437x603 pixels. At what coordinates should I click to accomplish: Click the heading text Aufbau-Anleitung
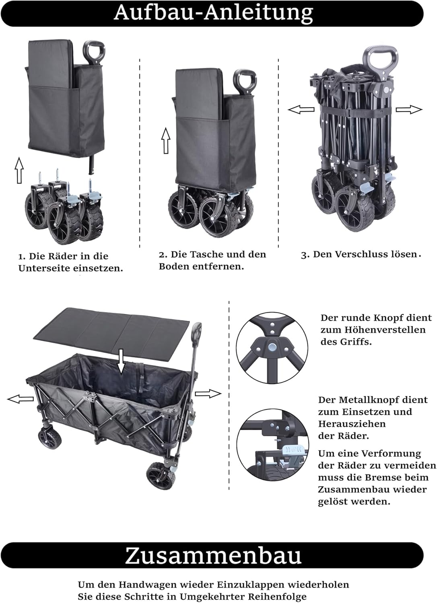pyautogui.click(x=213, y=13)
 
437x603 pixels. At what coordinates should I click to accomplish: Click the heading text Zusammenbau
pyautogui.click(x=213, y=556)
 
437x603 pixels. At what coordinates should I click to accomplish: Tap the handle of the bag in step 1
pyautogui.click(x=93, y=51)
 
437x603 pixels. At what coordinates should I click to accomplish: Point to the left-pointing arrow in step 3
pyautogui.click(x=301, y=109)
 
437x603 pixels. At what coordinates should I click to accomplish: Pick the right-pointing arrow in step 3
pyautogui.click(x=409, y=109)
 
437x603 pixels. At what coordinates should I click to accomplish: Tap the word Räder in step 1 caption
pyautogui.click(x=64, y=256)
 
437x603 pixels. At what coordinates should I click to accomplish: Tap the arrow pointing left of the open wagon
pyautogui.click(x=21, y=399)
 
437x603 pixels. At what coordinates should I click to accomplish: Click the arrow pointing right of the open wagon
pyautogui.click(x=208, y=394)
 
